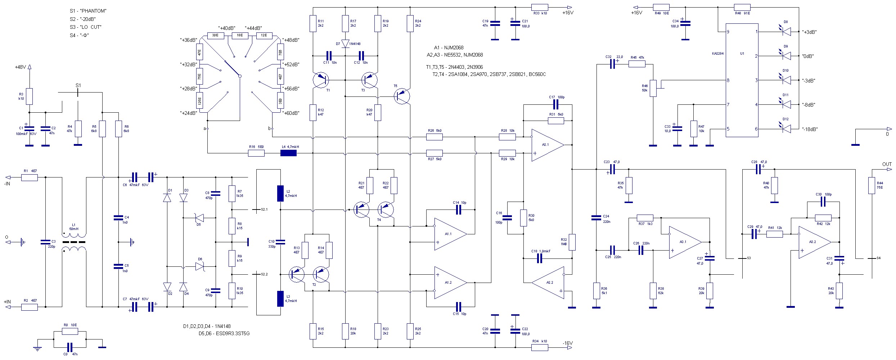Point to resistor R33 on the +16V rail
pyautogui.click(x=540, y=7)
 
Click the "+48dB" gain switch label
pyautogui.click(x=291, y=40)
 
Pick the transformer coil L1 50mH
pyautogui.click(x=74, y=242)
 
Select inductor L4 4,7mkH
pyautogui.click(x=288, y=153)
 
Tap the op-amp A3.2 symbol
pyautogui.click(x=814, y=242)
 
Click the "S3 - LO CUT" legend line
pyautogui.click(x=86, y=27)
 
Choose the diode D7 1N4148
pyautogui.click(x=345, y=44)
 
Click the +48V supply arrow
pyautogui.click(x=30, y=67)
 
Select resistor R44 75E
pyautogui.click(x=871, y=185)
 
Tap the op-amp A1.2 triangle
pyautogui.click(x=450, y=283)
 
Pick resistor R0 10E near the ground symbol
pyautogui.click(x=70, y=331)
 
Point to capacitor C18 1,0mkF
pyautogui.click(x=539, y=258)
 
